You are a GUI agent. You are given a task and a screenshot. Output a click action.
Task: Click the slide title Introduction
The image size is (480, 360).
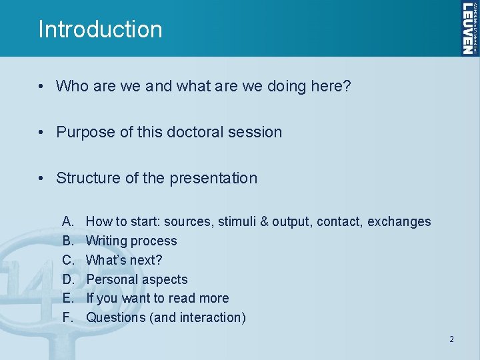click(100, 29)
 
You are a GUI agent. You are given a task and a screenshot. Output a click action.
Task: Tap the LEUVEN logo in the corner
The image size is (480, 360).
click(469, 28)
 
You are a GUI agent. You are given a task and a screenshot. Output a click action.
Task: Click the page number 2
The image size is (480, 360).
click(451, 339)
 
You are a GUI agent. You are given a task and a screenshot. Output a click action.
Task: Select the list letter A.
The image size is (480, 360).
click(67, 221)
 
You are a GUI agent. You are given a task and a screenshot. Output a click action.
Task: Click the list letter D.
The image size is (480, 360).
click(67, 279)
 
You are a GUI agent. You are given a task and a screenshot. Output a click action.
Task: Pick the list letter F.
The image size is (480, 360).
click(67, 317)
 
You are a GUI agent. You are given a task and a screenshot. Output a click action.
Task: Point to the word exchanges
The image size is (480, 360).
click(399, 221)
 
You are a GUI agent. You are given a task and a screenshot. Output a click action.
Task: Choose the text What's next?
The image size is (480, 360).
click(124, 260)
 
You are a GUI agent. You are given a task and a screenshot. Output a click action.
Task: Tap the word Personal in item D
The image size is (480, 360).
click(111, 279)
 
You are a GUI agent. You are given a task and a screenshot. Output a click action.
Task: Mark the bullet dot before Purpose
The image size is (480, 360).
click(41, 132)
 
